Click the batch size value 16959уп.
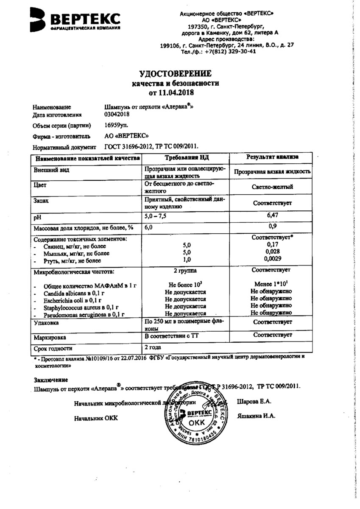tap(116, 125)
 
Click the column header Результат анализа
tap(272, 157)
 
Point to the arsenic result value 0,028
tap(272, 252)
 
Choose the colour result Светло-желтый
tap(272, 187)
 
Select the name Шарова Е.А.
tap(254, 401)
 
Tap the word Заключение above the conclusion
tap(50, 379)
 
